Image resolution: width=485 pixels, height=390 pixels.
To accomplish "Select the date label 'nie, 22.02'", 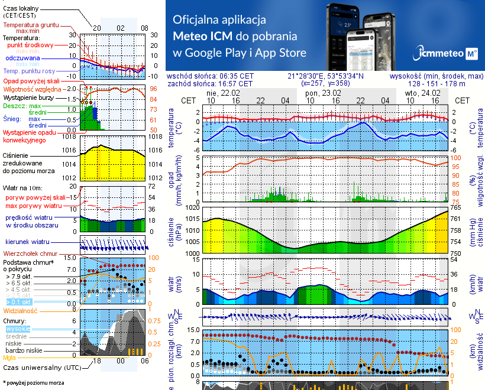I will [223, 93].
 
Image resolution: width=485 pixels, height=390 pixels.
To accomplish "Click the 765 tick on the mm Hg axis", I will [457, 208].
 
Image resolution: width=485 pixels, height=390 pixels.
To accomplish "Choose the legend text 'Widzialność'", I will [21, 310].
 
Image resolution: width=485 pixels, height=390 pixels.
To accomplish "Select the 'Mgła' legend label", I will [9, 357].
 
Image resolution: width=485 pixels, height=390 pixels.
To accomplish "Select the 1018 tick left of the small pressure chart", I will [69, 136].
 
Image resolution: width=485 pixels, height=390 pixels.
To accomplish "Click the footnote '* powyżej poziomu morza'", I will [33, 383].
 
